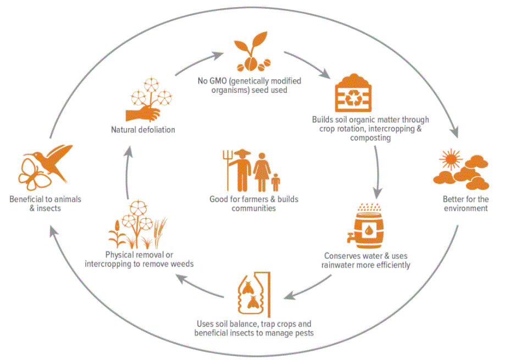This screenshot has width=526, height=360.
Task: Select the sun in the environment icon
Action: pos(451,159)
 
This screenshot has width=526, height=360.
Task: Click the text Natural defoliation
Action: pos(143,130)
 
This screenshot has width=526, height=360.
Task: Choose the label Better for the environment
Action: pos(465,204)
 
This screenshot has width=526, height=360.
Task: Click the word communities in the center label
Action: pos(253,208)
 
